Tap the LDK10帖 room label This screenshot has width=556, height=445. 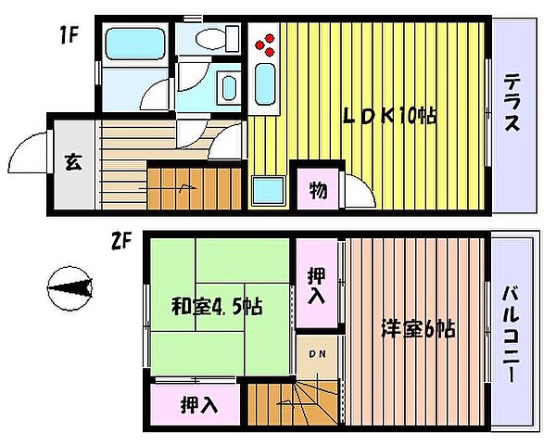(390, 117)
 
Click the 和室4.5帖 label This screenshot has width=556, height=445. (216, 307)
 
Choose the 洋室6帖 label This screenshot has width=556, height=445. (418, 328)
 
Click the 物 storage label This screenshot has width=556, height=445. (317, 192)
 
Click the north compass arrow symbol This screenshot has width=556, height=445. (70, 289)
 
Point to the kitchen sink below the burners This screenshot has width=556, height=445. (266, 86)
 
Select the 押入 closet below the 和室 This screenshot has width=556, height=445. (197, 404)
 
